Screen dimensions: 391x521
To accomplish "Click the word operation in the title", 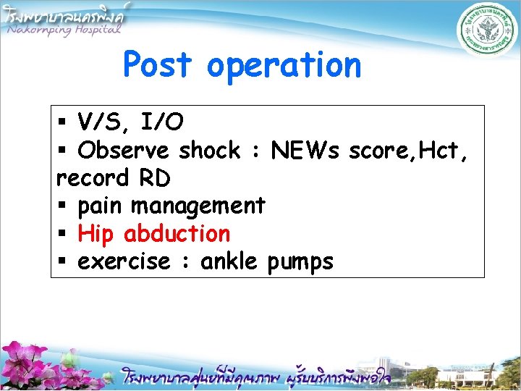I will tap(283, 66).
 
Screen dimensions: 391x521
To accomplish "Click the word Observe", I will tap(124, 151).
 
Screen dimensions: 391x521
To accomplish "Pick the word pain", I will tap(101, 206).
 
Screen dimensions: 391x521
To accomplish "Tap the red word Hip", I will tap(96, 235).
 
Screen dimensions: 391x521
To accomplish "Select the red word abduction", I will tap(177, 234).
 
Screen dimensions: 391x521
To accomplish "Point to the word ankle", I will tap(229, 261).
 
